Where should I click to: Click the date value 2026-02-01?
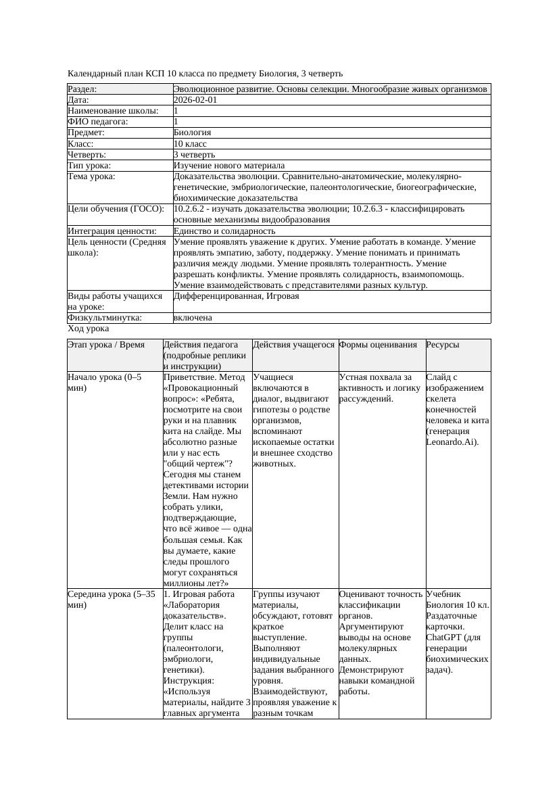click(x=195, y=100)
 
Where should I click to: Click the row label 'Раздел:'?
click(x=82, y=89)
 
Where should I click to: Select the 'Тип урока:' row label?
click(x=89, y=166)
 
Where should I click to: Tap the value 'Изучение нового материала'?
click(x=229, y=166)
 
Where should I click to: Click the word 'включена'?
click(x=193, y=318)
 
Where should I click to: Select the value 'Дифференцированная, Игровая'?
click(x=236, y=296)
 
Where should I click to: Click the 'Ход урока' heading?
click(x=89, y=329)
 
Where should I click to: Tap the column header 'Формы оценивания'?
click(x=379, y=345)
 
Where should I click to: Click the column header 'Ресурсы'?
click(x=443, y=345)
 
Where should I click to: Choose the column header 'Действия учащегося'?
click(x=293, y=345)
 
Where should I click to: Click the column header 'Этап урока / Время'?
click(x=106, y=345)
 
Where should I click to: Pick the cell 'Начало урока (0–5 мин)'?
click(x=105, y=383)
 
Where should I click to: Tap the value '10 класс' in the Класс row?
click(x=190, y=144)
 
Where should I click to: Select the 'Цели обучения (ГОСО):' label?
click(x=116, y=209)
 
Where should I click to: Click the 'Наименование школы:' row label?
click(x=114, y=111)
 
